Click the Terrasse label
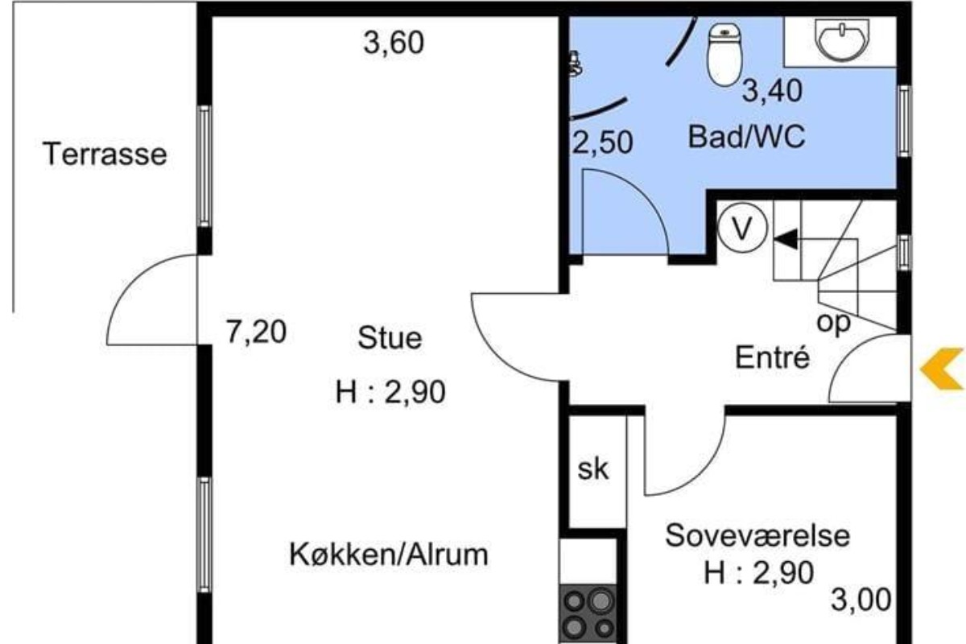105,154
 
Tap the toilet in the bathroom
725,55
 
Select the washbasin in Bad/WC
842,39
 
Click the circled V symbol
742,228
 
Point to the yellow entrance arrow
943,369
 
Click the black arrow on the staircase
786,239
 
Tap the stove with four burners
588,613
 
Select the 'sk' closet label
593,469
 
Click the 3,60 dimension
394,43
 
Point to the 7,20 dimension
256,332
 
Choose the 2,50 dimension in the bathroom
602,142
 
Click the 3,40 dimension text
772,91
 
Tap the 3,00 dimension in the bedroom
861,600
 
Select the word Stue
390,338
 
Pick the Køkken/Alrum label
389,555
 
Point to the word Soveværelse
758,536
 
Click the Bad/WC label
746,137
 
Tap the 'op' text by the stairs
833,323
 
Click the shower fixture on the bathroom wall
576,64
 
